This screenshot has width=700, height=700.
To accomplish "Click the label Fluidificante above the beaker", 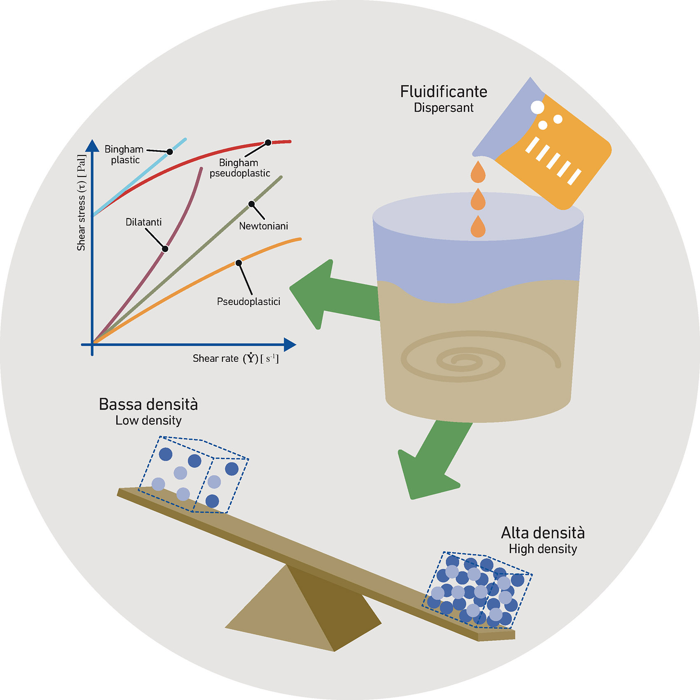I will tap(443, 92).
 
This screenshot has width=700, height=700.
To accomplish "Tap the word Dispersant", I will tap(443, 108).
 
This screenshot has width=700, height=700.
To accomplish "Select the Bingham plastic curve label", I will tap(124, 154).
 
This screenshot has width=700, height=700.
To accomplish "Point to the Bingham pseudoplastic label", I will tap(240, 168).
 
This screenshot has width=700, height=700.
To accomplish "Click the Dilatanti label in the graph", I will tap(143, 222).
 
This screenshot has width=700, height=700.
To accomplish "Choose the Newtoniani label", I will tap(263, 226).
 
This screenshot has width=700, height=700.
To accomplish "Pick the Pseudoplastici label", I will tap(248, 302).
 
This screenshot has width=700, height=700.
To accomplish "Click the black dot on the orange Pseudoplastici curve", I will tap(238, 263).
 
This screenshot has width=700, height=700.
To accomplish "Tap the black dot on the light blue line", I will tap(170, 151).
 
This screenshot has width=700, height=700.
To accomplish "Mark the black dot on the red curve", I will tap(268, 142).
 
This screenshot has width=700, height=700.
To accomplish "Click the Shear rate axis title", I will tap(235, 358).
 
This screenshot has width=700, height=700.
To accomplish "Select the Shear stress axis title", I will tap(81, 202).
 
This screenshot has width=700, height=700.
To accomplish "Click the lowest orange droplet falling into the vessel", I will tap(478, 228).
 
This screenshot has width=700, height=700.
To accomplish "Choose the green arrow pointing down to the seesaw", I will tap(432, 465).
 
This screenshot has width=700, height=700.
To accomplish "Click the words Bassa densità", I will tap(148, 405).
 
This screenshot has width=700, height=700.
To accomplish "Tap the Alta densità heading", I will tap(542, 533).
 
